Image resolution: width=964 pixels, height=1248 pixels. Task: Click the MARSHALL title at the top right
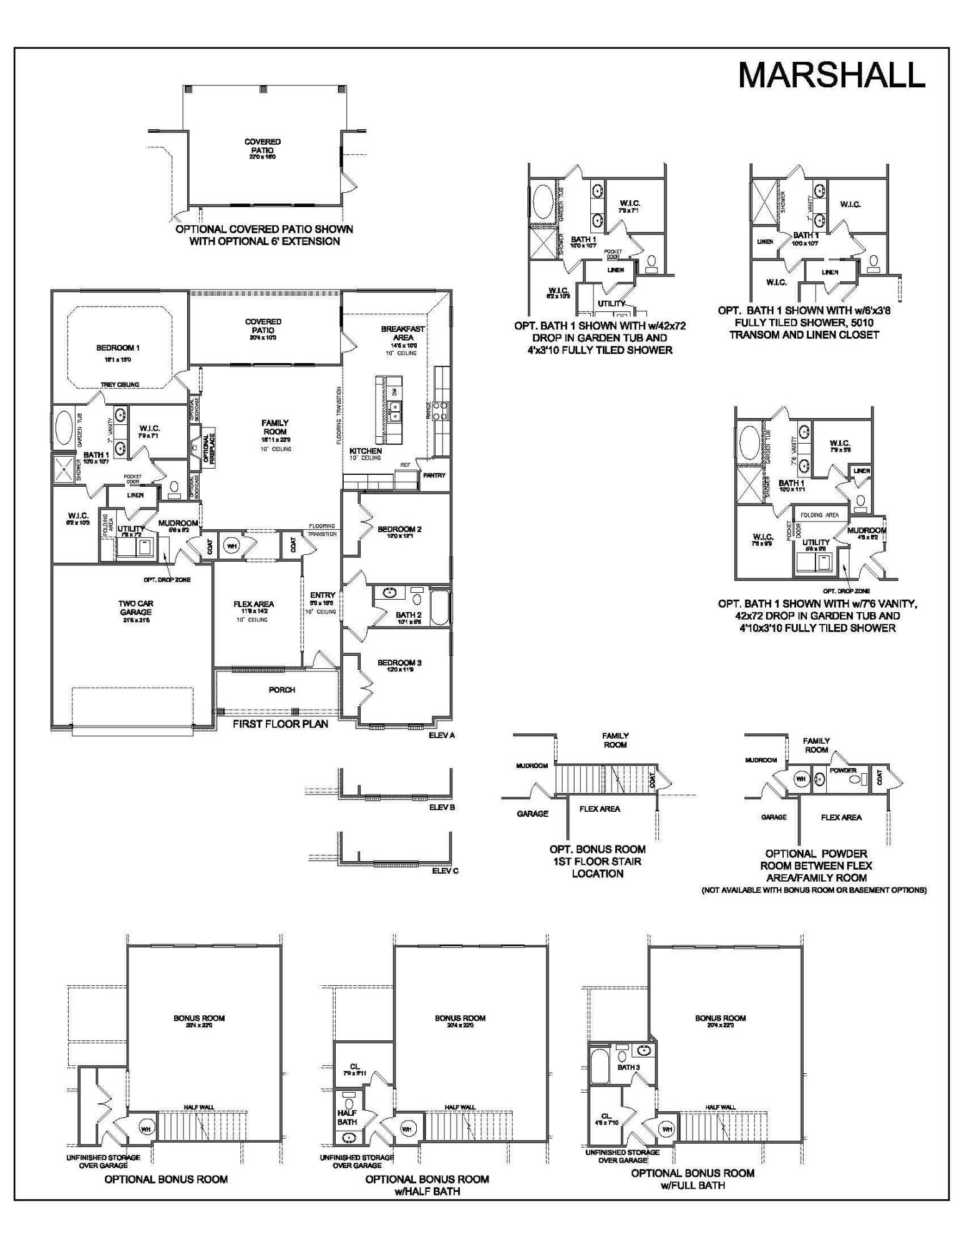click(x=831, y=75)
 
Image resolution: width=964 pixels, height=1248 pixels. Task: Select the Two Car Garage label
click(x=135, y=608)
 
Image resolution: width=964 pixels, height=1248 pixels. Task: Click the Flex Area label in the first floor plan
click(x=253, y=604)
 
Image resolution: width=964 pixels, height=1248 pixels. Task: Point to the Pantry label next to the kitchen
click(x=434, y=475)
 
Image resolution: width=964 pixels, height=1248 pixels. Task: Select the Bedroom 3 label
click(x=399, y=663)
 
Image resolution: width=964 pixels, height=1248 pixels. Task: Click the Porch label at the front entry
click(x=281, y=690)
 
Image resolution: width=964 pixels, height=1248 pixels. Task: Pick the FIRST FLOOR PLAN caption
click(x=280, y=724)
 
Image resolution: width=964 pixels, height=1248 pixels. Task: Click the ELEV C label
click(x=445, y=870)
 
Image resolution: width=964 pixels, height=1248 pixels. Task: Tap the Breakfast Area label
click(x=403, y=333)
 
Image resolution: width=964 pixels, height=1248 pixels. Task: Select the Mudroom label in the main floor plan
click(x=178, y=523)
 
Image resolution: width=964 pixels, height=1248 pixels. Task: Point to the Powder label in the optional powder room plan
click(x=843, y=770)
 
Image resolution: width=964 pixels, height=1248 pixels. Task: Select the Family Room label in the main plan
click(x=275, y=427)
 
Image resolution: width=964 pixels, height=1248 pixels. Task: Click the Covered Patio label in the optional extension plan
click(x=262, y=146)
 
